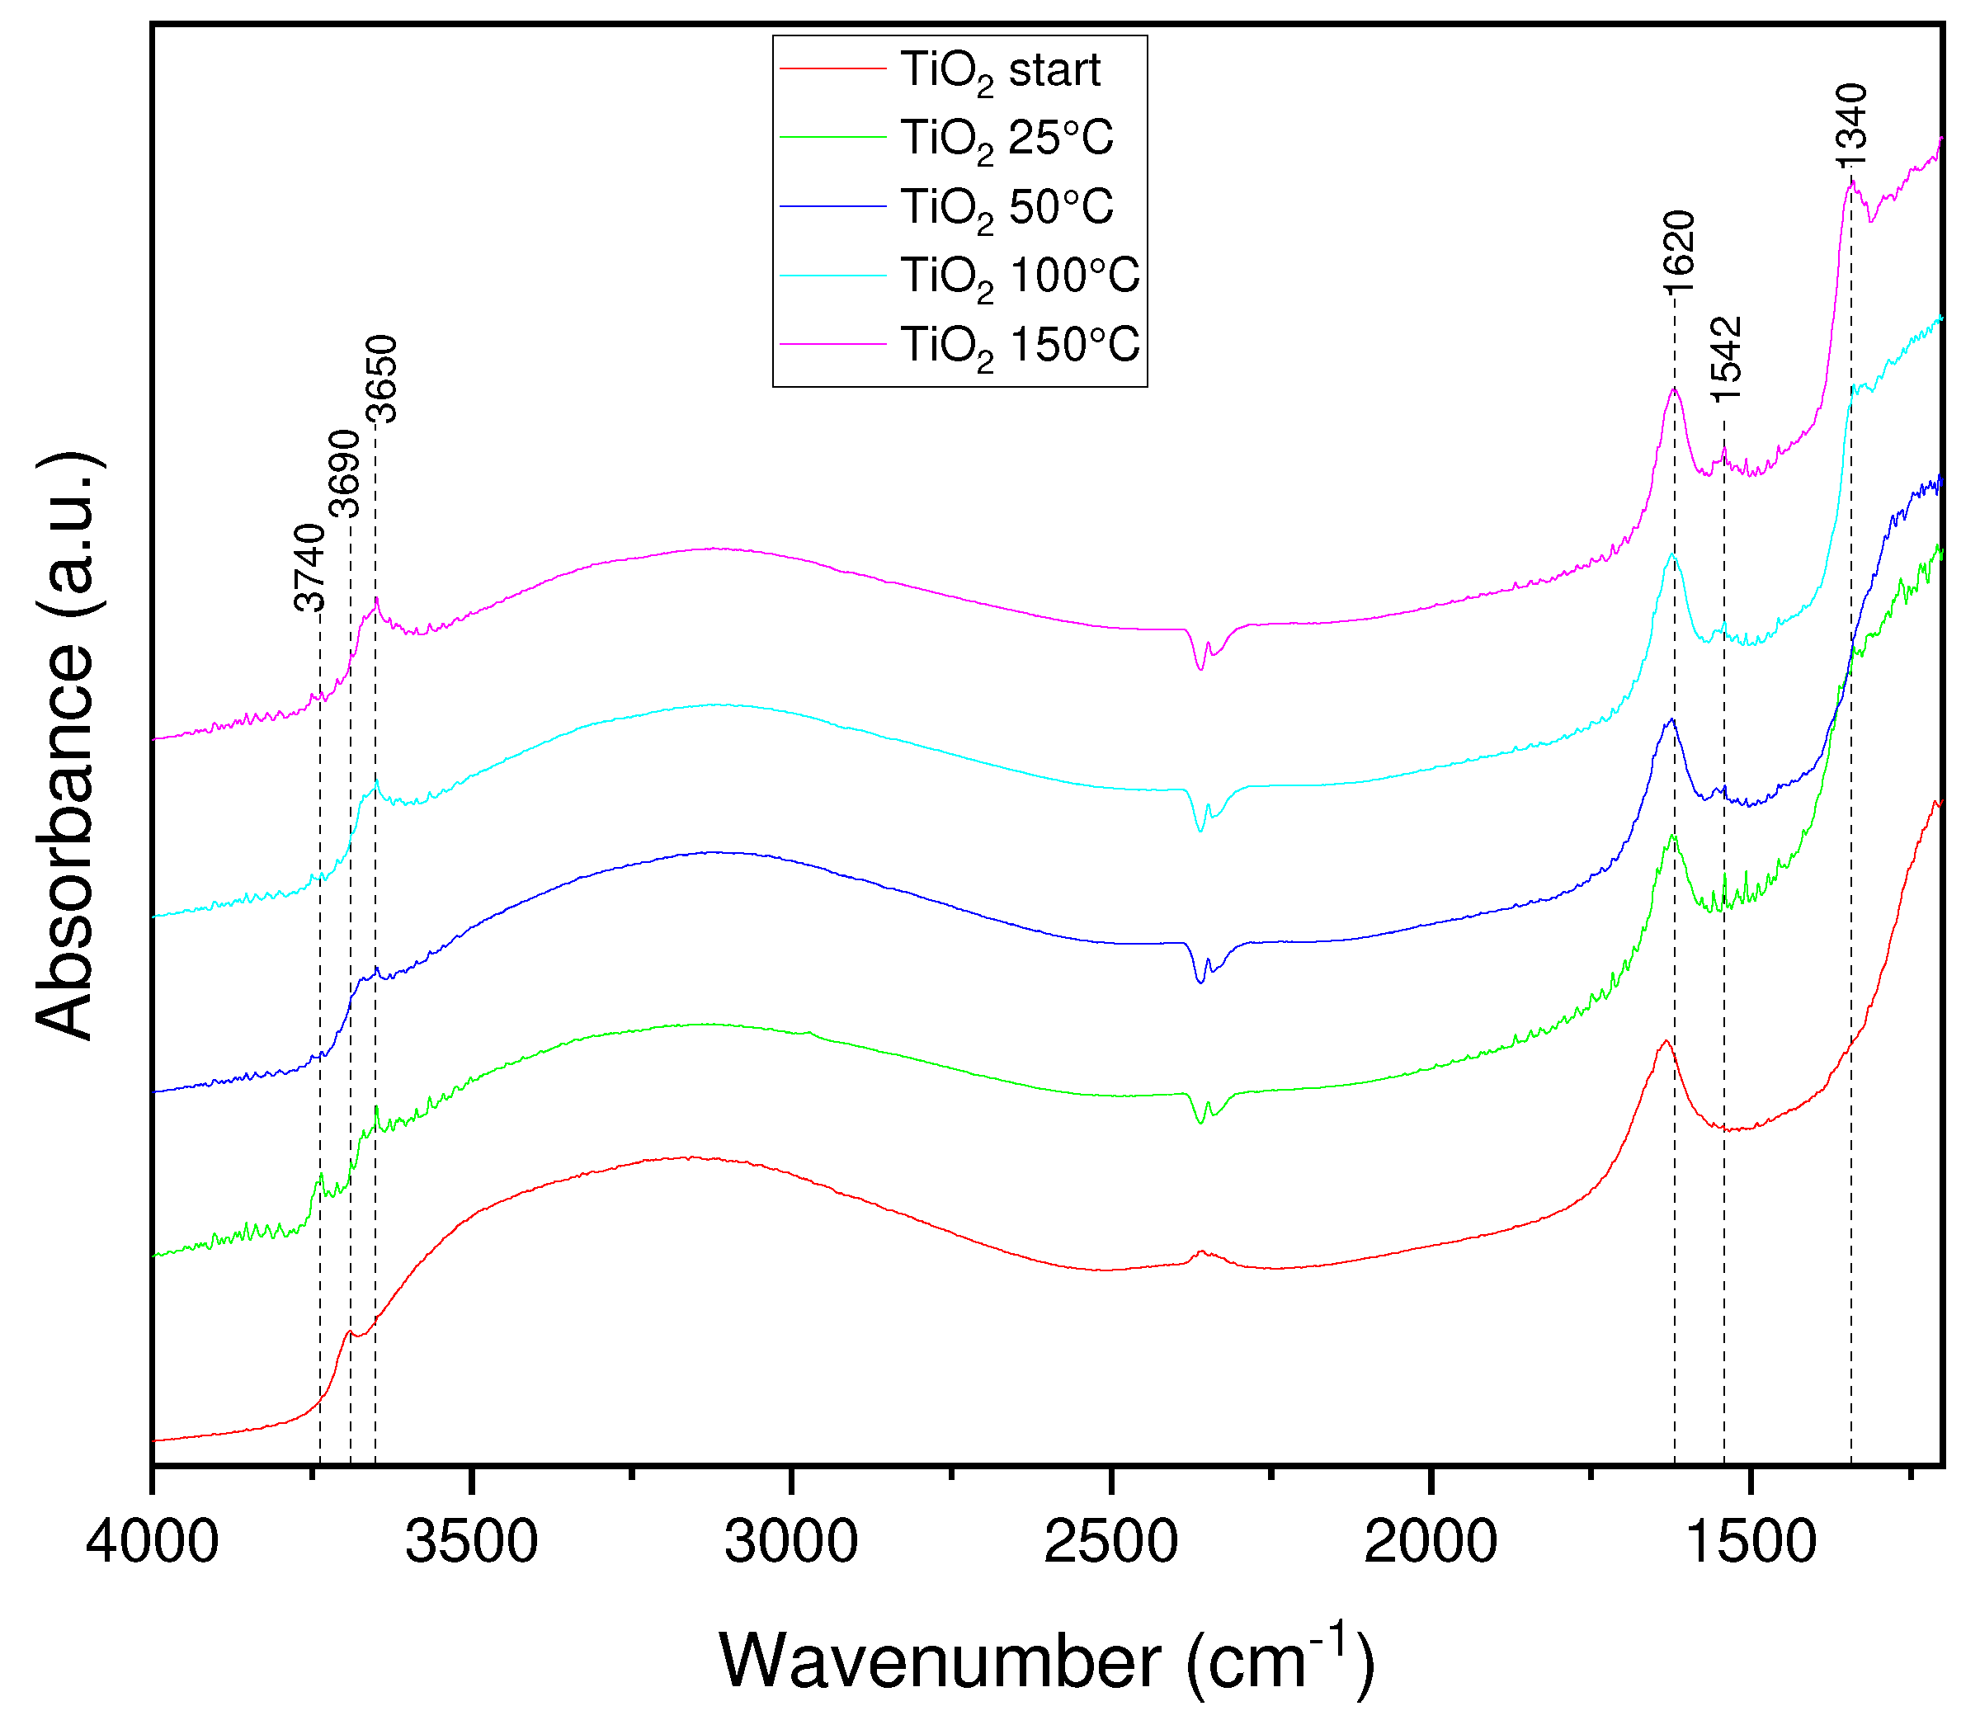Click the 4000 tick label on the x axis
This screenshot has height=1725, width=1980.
pos(152,1541)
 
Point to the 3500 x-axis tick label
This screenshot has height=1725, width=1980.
pos(471,1541)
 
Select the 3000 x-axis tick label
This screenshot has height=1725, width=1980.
pos(790,1541)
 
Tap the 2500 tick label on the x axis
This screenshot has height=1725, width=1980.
pos(1110,1541)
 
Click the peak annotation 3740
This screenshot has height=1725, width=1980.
pos(309,568)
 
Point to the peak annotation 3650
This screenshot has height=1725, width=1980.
pos(381,379)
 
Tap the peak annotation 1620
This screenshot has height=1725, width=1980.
pos(1678,253)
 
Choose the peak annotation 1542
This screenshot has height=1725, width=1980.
pos(1726,359)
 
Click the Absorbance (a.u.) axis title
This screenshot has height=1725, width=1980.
pos(65,746)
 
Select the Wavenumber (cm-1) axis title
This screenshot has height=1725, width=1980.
pos(1046,1661)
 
